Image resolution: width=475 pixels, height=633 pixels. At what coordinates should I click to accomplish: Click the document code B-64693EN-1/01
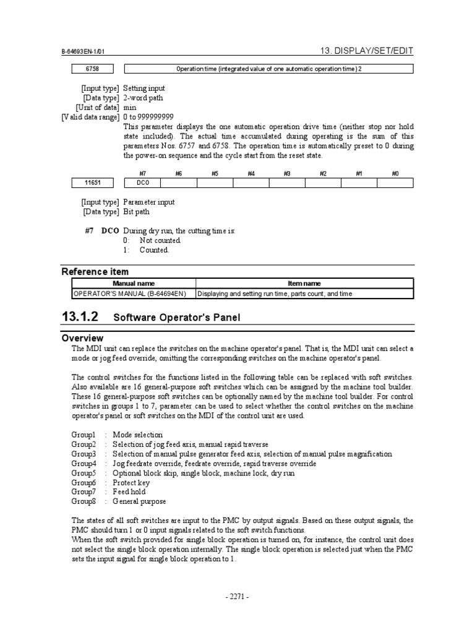87,54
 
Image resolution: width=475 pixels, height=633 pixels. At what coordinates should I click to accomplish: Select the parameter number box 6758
92,69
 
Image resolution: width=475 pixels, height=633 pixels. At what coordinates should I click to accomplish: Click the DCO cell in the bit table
143,183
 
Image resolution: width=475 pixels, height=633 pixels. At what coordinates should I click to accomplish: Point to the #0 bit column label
395,174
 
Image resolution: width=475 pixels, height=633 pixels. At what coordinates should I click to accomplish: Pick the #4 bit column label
251,174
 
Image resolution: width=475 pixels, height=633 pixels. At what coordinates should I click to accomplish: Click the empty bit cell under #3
287,183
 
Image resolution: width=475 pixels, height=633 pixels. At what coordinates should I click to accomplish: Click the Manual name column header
134,283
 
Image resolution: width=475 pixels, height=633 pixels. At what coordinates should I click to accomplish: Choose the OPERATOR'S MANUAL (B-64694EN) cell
134,294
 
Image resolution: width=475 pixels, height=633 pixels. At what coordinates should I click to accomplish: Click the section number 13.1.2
80,317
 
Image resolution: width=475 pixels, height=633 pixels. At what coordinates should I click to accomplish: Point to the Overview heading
82,338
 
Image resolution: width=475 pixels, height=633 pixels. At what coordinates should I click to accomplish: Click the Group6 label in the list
84,483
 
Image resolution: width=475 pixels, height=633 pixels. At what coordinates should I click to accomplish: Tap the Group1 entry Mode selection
138,435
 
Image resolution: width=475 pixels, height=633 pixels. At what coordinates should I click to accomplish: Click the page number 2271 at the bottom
237,597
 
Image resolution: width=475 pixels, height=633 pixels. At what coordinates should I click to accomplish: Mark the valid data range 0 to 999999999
148,117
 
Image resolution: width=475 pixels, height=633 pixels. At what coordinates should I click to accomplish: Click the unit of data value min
129,108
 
